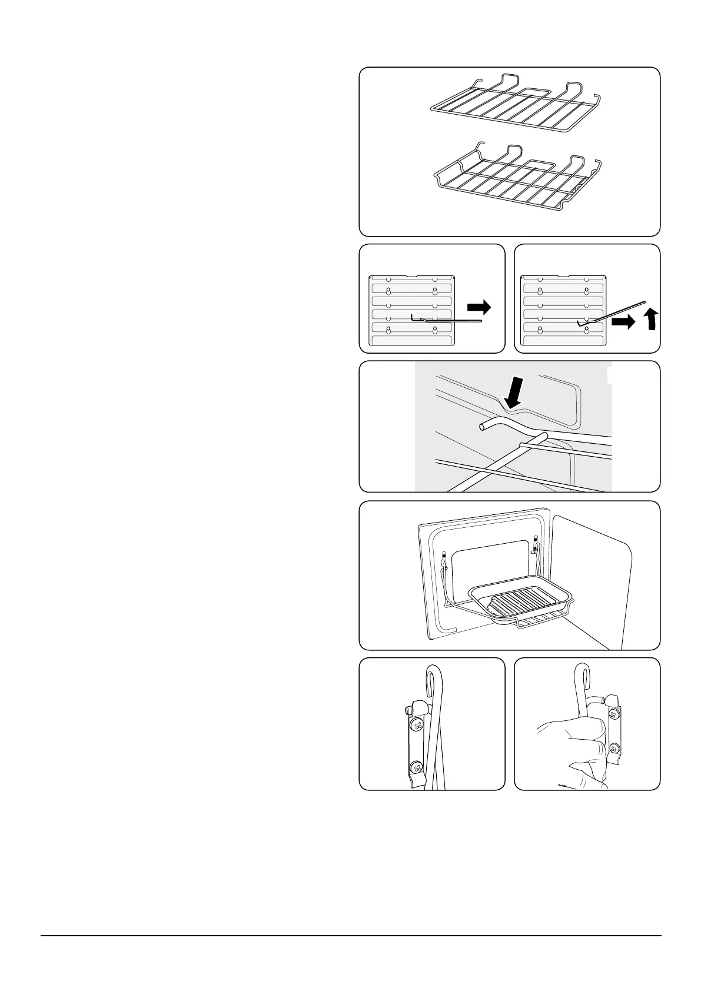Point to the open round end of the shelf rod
(x=483, y=426)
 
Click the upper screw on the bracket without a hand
(x=417, y=724)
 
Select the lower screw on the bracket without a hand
(x=416, y=767)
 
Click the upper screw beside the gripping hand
(x=614, y=714)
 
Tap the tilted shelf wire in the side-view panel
(x=612, y=311)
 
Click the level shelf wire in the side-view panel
(x=447, y=321)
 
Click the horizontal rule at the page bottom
(x=351, y=936)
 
